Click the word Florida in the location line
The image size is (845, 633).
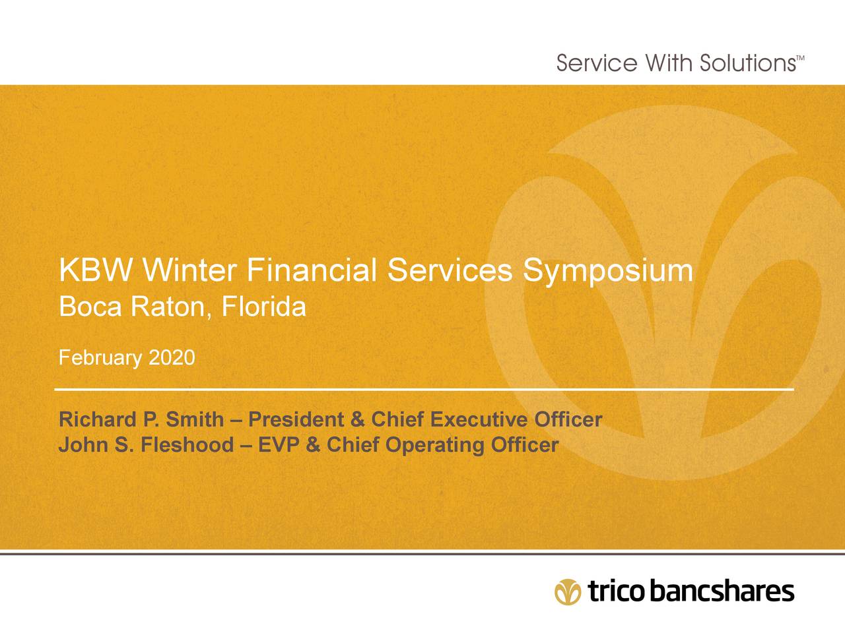coord(263,307)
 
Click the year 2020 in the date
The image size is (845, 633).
coord(172,358)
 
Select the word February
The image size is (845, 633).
coord(100,358)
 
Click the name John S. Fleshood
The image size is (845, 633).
coord(146,445)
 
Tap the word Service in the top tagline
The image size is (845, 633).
coord(597,63)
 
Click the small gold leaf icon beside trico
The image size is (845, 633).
coord(568,591)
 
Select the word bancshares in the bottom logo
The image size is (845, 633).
coord(722,591)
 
